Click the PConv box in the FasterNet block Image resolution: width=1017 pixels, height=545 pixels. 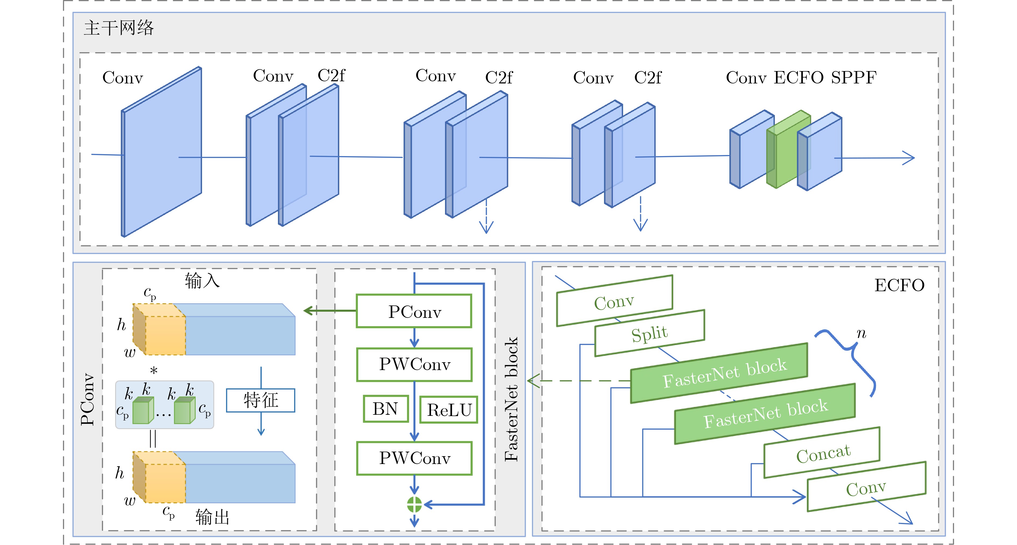pos(414,311)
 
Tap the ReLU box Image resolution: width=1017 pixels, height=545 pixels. pos(449,410)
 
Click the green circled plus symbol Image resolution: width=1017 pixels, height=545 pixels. pos(414,504)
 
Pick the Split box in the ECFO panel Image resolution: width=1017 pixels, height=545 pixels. pos(650,333)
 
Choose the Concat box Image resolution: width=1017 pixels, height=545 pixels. pos(822,453)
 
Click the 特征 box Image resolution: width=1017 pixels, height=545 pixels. pos(260,400)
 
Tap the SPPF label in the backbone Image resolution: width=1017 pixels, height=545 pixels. pos(853,78)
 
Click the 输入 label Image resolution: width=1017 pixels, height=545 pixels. pos(202,281)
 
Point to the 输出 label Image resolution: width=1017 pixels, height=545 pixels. pos(212,517)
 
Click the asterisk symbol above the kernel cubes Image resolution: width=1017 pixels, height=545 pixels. pos(154,370)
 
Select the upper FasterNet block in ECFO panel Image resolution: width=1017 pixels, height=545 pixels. pos(719,373)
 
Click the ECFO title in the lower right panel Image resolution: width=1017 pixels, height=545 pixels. pos(899,285)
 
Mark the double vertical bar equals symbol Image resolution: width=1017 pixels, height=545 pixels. pos(153,438)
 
